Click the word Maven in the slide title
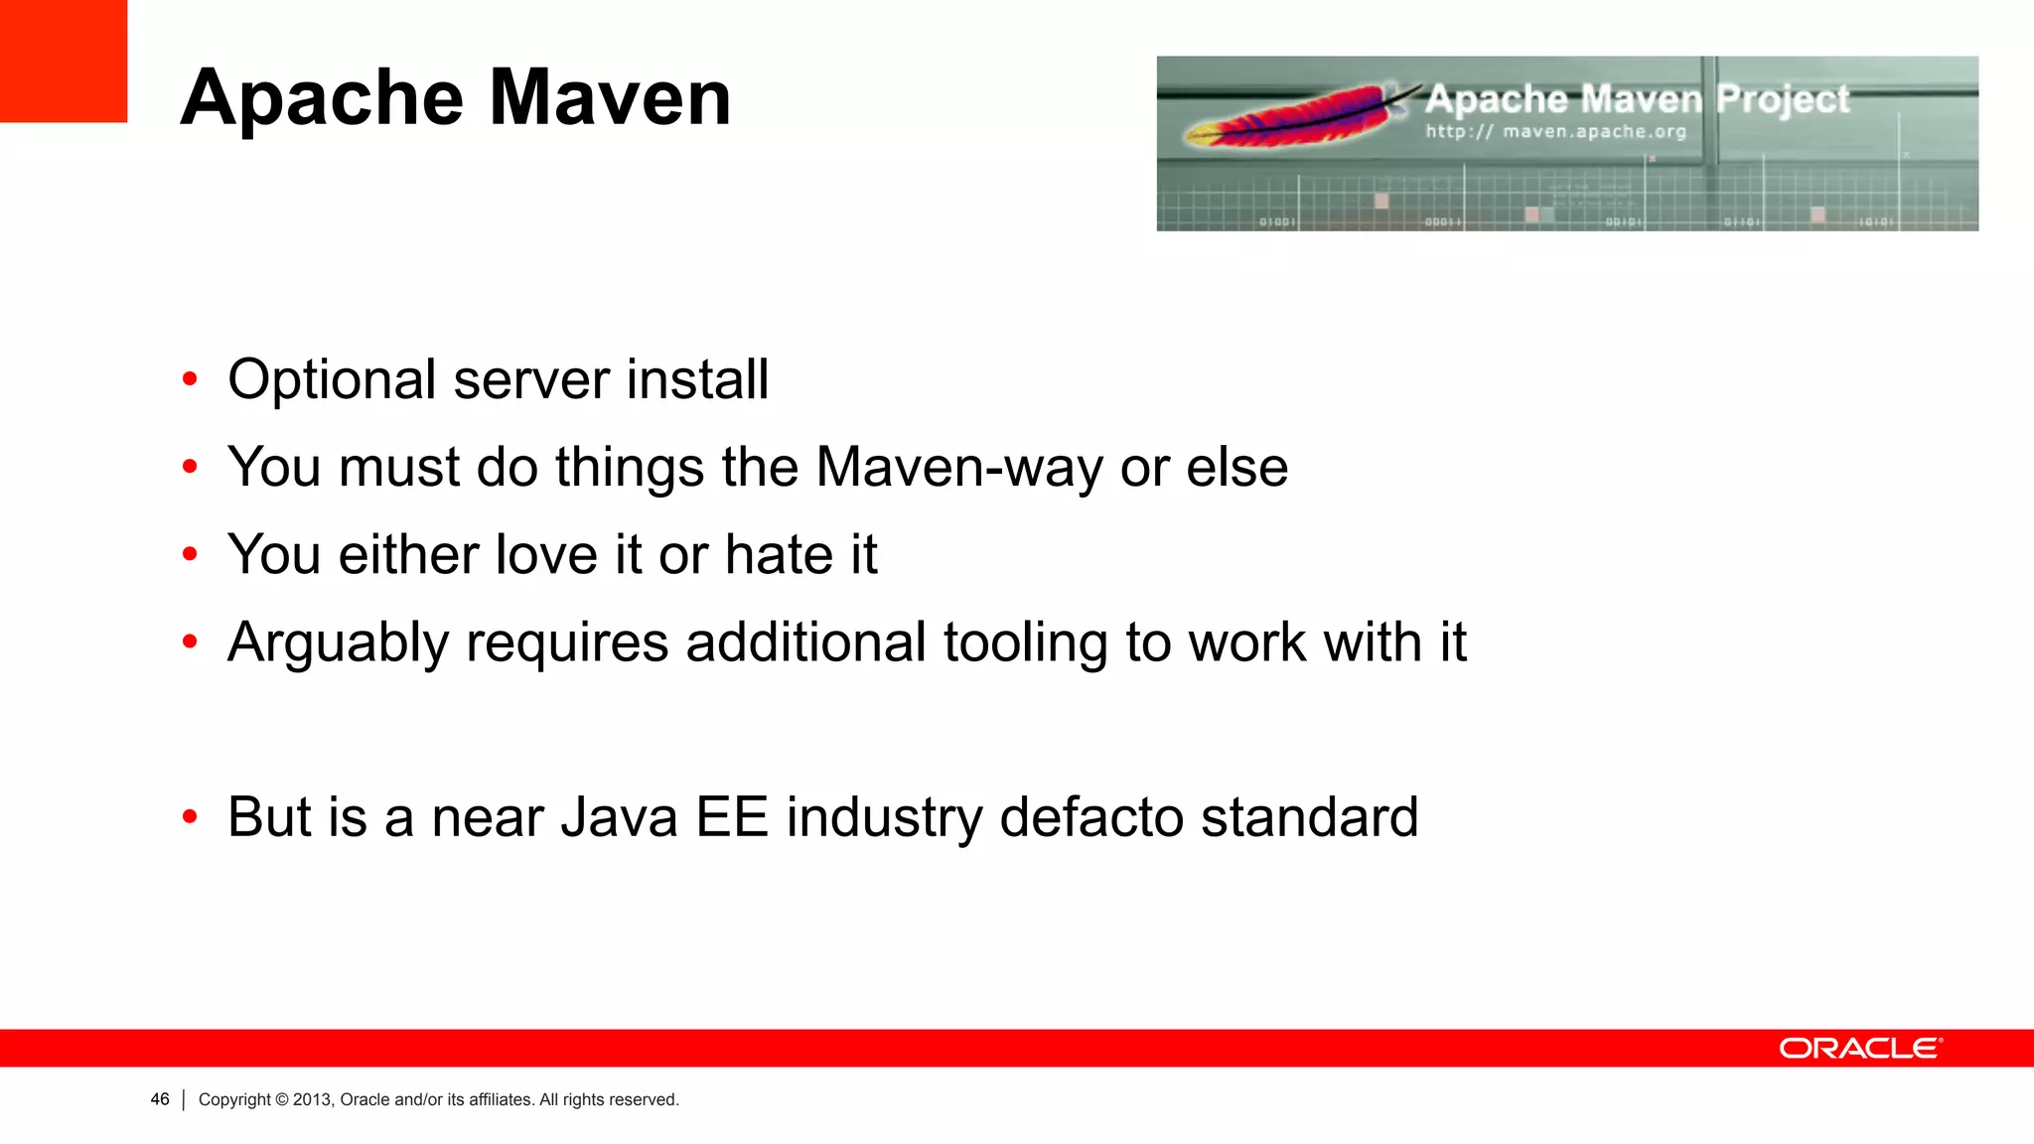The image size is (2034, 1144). (x=610, y=97)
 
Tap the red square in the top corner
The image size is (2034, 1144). (x=64, y=61)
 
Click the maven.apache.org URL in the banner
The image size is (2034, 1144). (x=1555, y=131)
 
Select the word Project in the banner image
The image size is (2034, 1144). (x=1783, y=99)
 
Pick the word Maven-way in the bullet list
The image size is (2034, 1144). (x=958, y=467)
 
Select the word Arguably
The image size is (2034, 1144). (x=338, y=643)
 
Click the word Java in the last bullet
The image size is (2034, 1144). (x=619, y=817)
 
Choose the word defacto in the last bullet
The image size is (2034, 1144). (x=1090, y=817)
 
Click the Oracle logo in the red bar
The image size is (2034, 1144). (x=1860, y=1049)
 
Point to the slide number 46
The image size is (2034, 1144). (x=160, y=1099)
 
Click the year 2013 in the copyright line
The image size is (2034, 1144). (x=312, y=1099)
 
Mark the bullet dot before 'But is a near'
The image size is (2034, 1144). (x=190, y=818)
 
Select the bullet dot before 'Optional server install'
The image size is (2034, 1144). (x=190, y=380)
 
